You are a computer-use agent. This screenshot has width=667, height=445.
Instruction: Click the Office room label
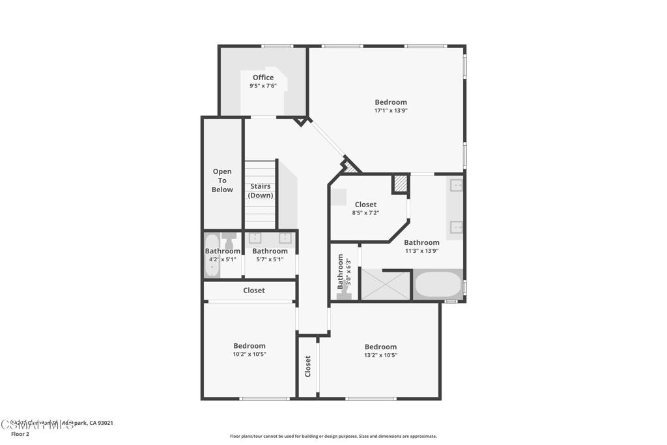[x=263, y=78]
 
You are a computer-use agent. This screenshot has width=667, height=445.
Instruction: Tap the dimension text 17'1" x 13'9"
[x=391, y=111]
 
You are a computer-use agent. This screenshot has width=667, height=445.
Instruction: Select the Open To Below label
[x=222, y=180]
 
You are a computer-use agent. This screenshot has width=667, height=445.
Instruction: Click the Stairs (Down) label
[x=261, y=191]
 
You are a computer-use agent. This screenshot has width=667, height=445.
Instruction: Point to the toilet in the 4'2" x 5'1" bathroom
[x=229, y=239]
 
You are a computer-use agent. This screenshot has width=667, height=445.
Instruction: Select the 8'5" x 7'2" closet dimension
[x=365, y=213]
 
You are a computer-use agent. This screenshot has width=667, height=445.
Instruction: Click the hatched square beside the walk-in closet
[x=400, y=184]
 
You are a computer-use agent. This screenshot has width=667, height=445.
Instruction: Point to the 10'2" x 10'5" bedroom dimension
[x=249, y=354]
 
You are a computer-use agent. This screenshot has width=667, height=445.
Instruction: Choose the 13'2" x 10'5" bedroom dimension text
[x=380, y=355]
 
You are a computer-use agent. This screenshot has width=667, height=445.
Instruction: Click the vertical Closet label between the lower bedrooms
[x=308, y=366]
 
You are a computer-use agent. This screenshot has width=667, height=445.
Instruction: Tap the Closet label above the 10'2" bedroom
[x=254, y=291]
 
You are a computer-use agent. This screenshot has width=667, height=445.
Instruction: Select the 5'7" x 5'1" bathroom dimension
[x=270, y=259]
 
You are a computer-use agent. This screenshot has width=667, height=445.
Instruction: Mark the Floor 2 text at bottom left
[x=20, y=434]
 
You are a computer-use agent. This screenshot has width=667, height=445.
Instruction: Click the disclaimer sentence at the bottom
[x=333, y=437]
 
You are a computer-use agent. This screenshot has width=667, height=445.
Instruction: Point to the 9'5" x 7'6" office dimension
[x=263, y=86]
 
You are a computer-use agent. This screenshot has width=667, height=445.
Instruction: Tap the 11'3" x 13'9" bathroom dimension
[x=421, y=251]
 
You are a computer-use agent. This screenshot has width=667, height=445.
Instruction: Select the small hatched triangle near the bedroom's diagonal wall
[x=351, y=167]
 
